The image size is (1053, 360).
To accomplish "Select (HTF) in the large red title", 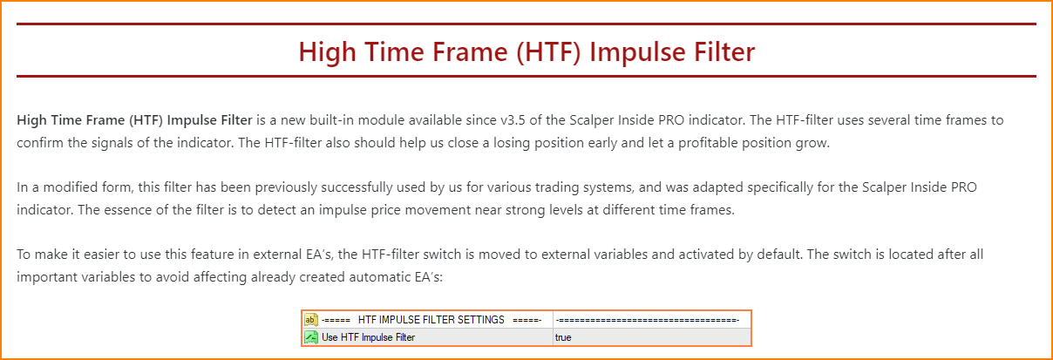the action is point(548,51).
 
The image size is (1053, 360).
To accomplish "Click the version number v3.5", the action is point(513,120).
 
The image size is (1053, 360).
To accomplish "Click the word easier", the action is point(101,255).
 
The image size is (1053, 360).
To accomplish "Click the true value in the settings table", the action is point(563,337).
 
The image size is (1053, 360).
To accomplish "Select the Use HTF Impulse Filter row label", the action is point(368,337).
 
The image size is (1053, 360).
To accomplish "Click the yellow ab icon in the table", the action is point(310,320).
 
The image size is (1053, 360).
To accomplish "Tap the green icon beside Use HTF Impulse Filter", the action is point(310,337).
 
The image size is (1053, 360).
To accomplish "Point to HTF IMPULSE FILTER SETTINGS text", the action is point(431,320).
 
